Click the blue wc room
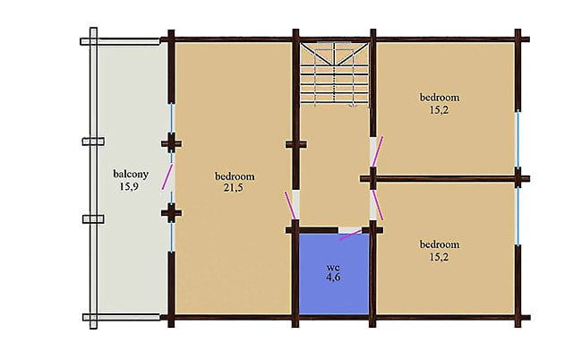[x=334, y=274]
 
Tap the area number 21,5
[x=234, y=188]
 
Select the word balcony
[x=131, y=174]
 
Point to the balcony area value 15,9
[x=129, y=187]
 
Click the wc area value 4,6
[x=333, y=277]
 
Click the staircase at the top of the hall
[x=334, y=74]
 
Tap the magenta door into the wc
[x=351, y=235]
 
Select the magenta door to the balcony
[x=167, y=177]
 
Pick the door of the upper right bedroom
[x=377, y=150]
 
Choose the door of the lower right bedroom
[x=378, y=205]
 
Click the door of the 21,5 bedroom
[x=290, y=205]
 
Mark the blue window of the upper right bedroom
[x=517, y=139]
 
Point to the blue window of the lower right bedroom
[x=517, y=217]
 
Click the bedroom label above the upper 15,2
[x=440, y=98]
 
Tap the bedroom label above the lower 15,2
[x=440, y=244]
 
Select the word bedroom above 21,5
[x=235, y=176]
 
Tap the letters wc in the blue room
[x=333, y=267]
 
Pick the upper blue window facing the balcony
[x=171, y=118]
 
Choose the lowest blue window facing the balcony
[x=171, y=236]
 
